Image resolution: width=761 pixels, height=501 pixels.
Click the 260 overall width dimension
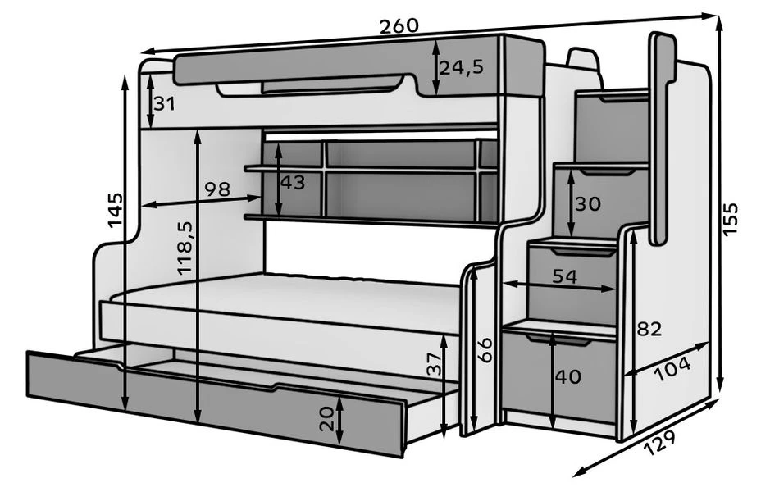[x=399, y=25]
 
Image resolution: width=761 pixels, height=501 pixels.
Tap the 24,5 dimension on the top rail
[x=460, y=67]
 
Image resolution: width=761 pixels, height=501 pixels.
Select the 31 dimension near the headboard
[x=165, y=104]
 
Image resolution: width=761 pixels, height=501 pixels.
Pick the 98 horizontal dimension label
[x=216, y=189]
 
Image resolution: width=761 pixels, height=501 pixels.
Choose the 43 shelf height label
[x=293, y=182]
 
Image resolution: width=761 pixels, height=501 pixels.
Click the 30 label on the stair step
[x=587, y=203]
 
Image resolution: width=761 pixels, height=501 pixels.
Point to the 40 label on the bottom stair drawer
[x=567, y=377]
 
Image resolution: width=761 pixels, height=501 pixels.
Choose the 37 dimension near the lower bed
[x=435, y=362]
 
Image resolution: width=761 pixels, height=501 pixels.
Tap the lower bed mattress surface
[x=287, y=295]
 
